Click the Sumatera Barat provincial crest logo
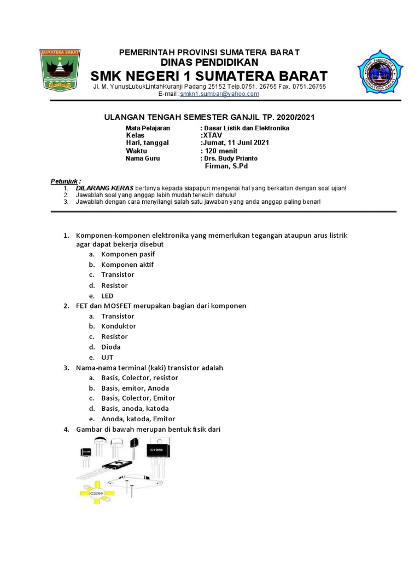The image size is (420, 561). coord(60,70)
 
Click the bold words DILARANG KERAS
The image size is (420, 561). coord(104,188)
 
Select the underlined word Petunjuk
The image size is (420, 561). coord(65,181)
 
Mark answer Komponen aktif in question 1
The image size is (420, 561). coord(127,265)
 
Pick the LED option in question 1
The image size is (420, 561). coord(107,296)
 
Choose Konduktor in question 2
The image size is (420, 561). coord(119,327)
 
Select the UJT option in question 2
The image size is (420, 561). coord(107,357)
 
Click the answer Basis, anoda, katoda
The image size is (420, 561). coord(135,409)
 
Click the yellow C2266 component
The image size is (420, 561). coord(97,493)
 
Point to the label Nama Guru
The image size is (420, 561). coord(143,158)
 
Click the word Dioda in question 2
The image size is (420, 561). coord(111,347)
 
